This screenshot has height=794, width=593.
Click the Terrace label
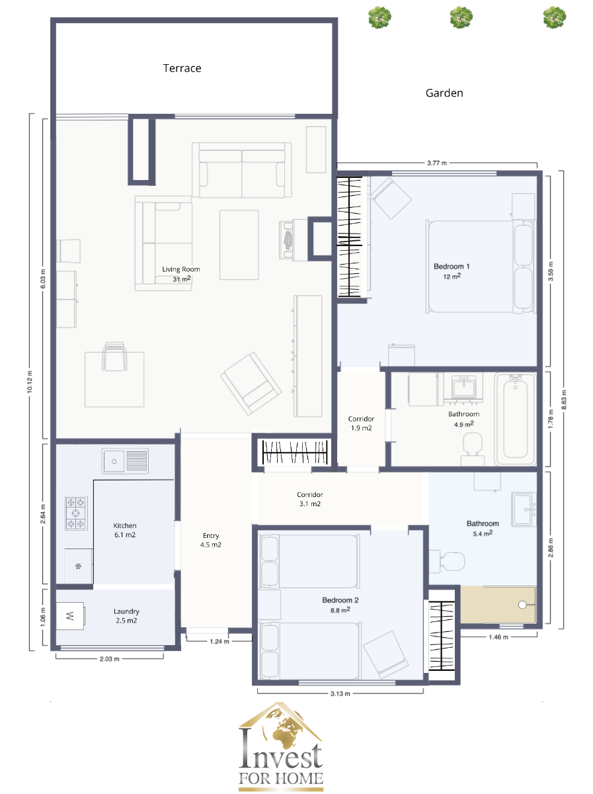(x=182, y=68)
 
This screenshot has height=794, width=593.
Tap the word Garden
(x=444, y=93)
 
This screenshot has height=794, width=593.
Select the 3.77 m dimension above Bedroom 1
(x=437, y=163)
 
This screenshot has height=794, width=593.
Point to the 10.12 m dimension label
(x=30, y=382)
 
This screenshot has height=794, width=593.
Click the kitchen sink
(x=125, y=461)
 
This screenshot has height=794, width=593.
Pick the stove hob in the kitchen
(x=76, y=513)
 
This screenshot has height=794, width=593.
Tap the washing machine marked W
(x=71, y=615)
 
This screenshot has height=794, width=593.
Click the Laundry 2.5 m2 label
(x=126, y=615)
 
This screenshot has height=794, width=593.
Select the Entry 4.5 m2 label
(x=211, y=540)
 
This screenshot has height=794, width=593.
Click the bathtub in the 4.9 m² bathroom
(x=515, y=419)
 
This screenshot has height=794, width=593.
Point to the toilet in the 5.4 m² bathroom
(x=447, y=561)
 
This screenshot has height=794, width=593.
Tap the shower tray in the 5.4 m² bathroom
(x=498, y=605)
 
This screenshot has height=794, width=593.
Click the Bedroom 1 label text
(x=452, y=266)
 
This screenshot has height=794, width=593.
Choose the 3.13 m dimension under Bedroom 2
(x=340, y=693)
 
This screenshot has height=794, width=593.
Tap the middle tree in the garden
(x=461, y=17)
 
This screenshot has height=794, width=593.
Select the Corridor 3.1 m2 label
(x=310, y=499)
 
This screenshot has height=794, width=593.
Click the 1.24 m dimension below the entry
(x=219, y=641)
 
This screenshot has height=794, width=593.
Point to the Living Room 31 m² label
(x=180, y=274)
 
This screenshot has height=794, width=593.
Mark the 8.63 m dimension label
(x=564, y=400)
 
